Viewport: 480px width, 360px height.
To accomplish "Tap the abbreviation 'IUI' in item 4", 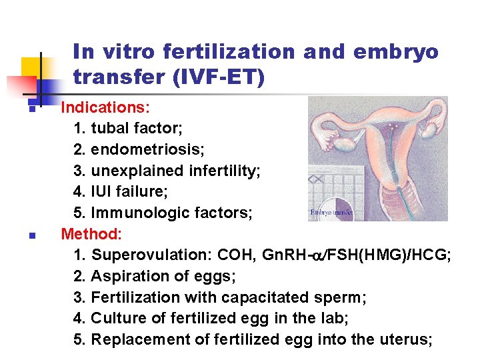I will coord(103,191).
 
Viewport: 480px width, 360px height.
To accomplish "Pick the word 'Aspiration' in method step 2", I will coord(127,276).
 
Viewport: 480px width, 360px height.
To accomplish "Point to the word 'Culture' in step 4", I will coord(117,319).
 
